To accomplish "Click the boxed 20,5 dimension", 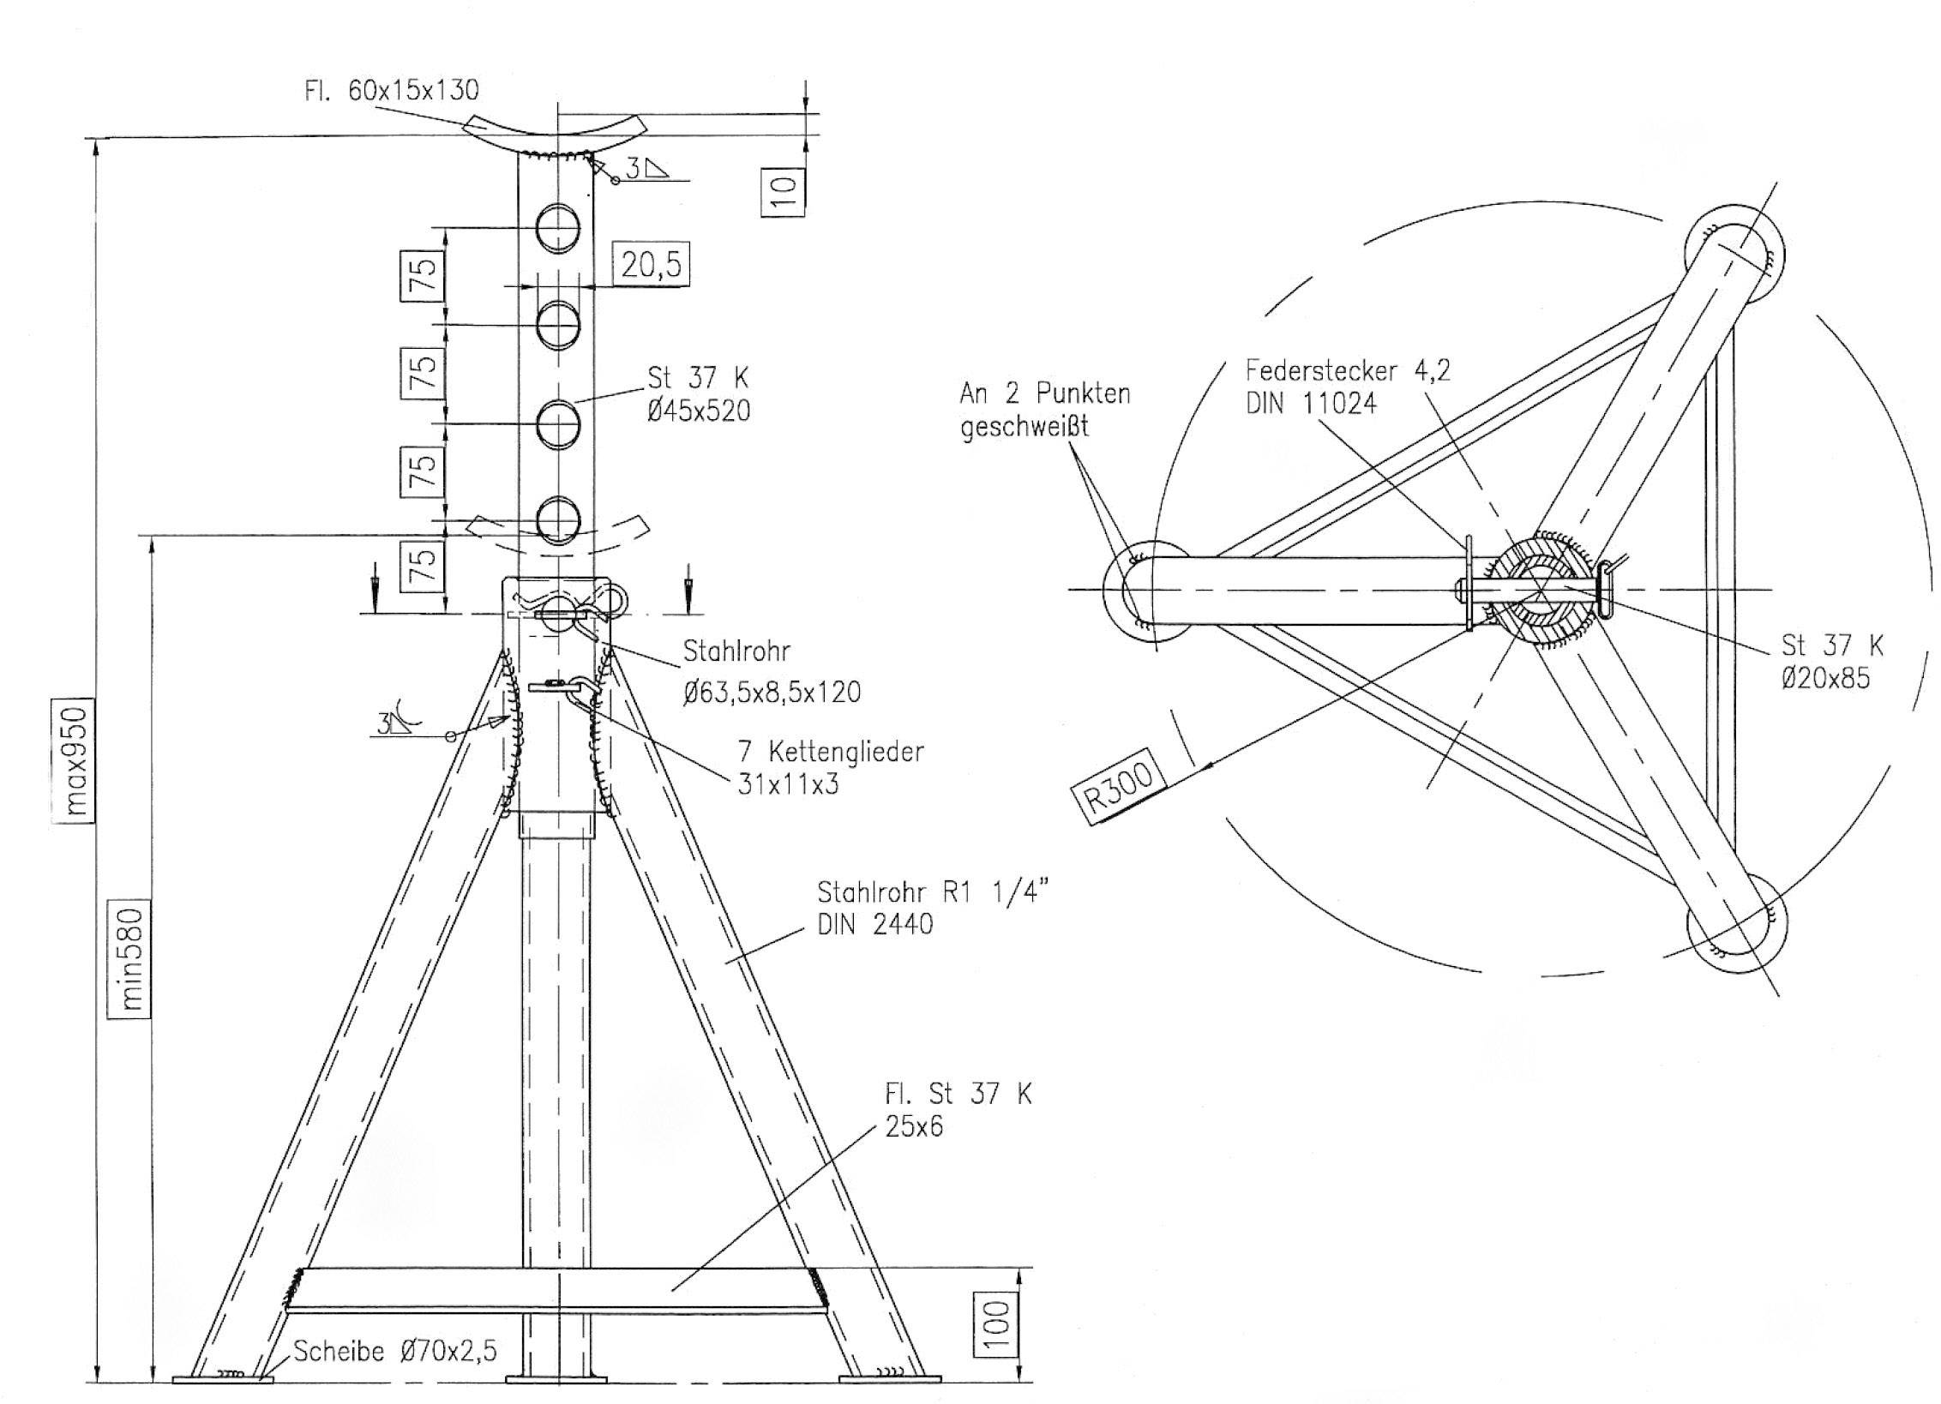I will point(652,264).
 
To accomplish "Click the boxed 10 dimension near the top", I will point(783,191).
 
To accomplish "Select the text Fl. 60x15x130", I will point(391,90).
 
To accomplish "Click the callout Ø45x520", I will point(699,411).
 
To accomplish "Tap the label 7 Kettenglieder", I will point(830,752).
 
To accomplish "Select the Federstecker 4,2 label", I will point(1347,370).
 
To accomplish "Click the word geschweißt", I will point(1024,426).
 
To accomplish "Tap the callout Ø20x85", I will point(1824,679).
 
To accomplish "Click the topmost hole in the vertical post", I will point(558,228).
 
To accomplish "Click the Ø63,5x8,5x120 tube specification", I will point(772,692).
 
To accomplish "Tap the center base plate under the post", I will point(556,1379).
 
